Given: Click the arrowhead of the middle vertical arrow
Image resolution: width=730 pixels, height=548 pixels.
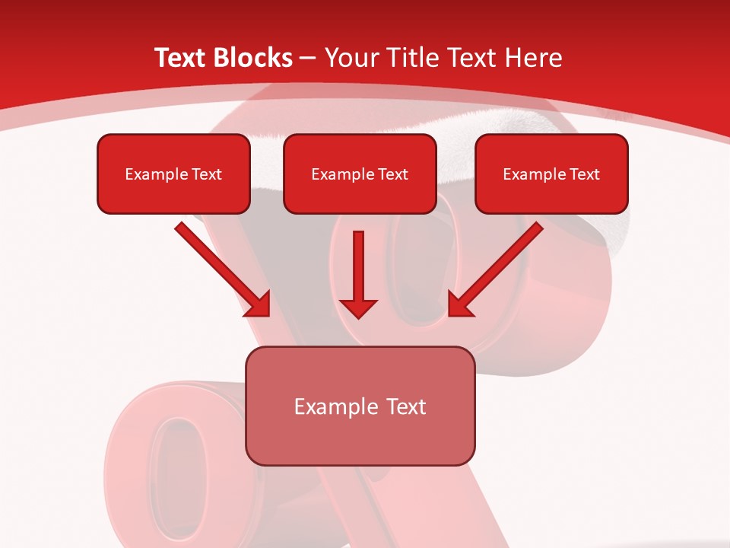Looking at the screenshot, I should pos(358,306).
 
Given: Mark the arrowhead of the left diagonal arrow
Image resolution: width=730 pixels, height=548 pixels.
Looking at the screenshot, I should pos(259,304).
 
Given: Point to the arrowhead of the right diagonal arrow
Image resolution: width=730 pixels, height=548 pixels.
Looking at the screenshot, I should pos(460,304).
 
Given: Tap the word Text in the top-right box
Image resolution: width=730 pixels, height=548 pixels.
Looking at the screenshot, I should pos(586,174).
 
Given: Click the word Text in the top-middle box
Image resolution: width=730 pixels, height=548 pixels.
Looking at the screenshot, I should pos(393,174).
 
